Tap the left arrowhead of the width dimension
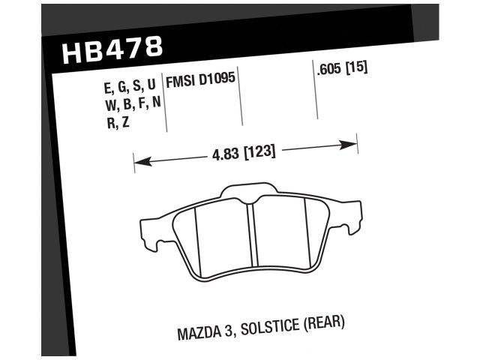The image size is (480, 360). pos(139,160)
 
